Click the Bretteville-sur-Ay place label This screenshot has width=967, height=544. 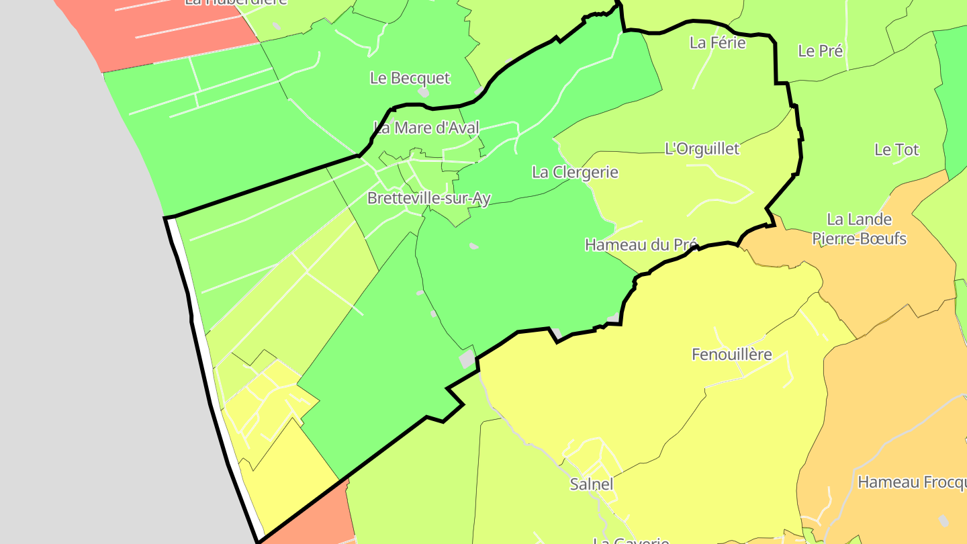point(429,198)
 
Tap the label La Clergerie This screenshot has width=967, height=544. point(575,172)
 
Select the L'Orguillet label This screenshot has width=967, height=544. point(702,148)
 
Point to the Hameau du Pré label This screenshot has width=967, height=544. point(641,244)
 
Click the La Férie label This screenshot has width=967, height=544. point(718,43)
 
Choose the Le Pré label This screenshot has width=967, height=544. point(820,50)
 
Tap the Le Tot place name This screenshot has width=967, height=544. point(896,150)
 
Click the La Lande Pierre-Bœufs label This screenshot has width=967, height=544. point(859,228)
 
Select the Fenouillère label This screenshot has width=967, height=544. point(732,354)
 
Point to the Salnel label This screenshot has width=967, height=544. point(592,484)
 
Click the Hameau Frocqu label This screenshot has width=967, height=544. point(912,482)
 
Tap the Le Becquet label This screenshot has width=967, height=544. point(410,78)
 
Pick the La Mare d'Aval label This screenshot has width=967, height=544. point(426,128)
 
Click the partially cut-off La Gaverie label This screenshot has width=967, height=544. point(631,540)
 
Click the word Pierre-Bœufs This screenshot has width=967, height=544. point(859,238)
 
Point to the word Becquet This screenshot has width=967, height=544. point(420,78)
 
